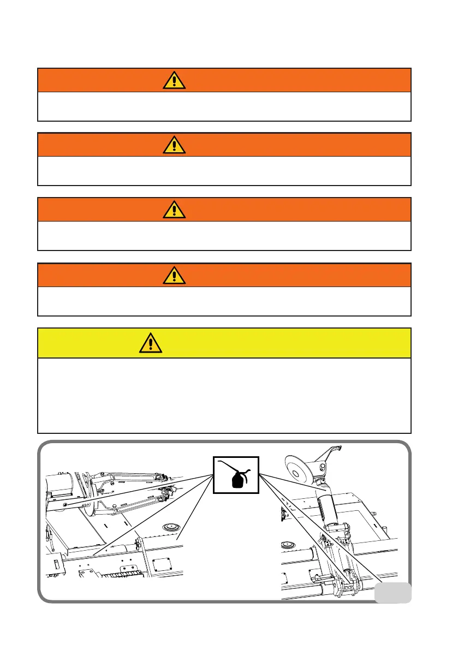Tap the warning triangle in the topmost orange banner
click(174, 81)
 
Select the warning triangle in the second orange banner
click(174, 145)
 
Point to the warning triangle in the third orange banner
click(174, 210)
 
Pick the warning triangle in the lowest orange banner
click(174, 276)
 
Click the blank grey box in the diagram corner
click(393, 592)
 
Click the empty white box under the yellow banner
click(224, 395)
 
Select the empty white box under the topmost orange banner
click(224, 106)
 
